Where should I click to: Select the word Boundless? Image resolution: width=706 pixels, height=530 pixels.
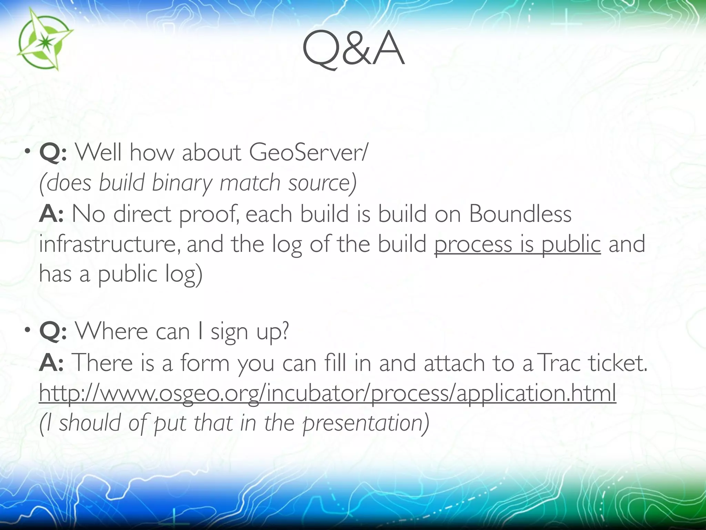[x=520, y=214]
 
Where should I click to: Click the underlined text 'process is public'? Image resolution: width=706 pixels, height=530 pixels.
[x=517, y=244]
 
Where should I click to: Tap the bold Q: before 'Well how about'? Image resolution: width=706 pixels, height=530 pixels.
[x=53, y=153]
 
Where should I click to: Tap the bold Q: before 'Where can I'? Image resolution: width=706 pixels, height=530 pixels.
[x=53, y=332]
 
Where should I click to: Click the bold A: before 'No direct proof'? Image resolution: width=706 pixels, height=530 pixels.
[x=51, y=214]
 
